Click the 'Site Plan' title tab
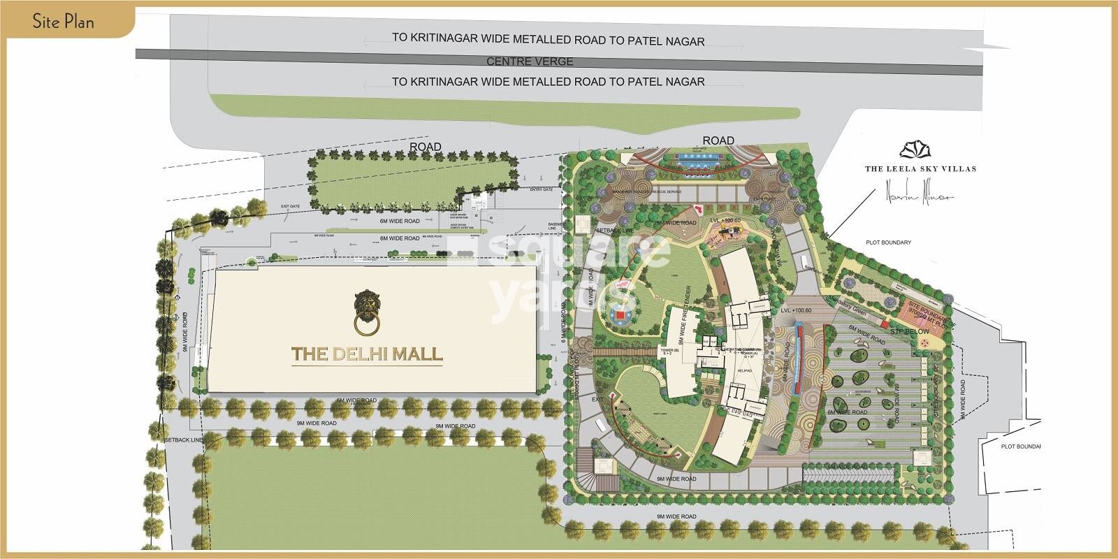click(x=63, y=21)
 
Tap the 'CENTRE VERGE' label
click(x=530, y=61)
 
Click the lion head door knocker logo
click(x=365, y=312)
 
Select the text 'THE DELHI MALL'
click(x=367, y=354)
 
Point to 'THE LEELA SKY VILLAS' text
click(x=920, y=168)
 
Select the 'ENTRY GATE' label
click(x=541, y=189)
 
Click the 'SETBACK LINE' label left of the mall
click(x=183, y=440)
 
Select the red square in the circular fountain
click(x=619, y=316)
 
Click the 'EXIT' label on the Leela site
click(x=597, y=400)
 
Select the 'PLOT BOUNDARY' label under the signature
click(x=888, y=242)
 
